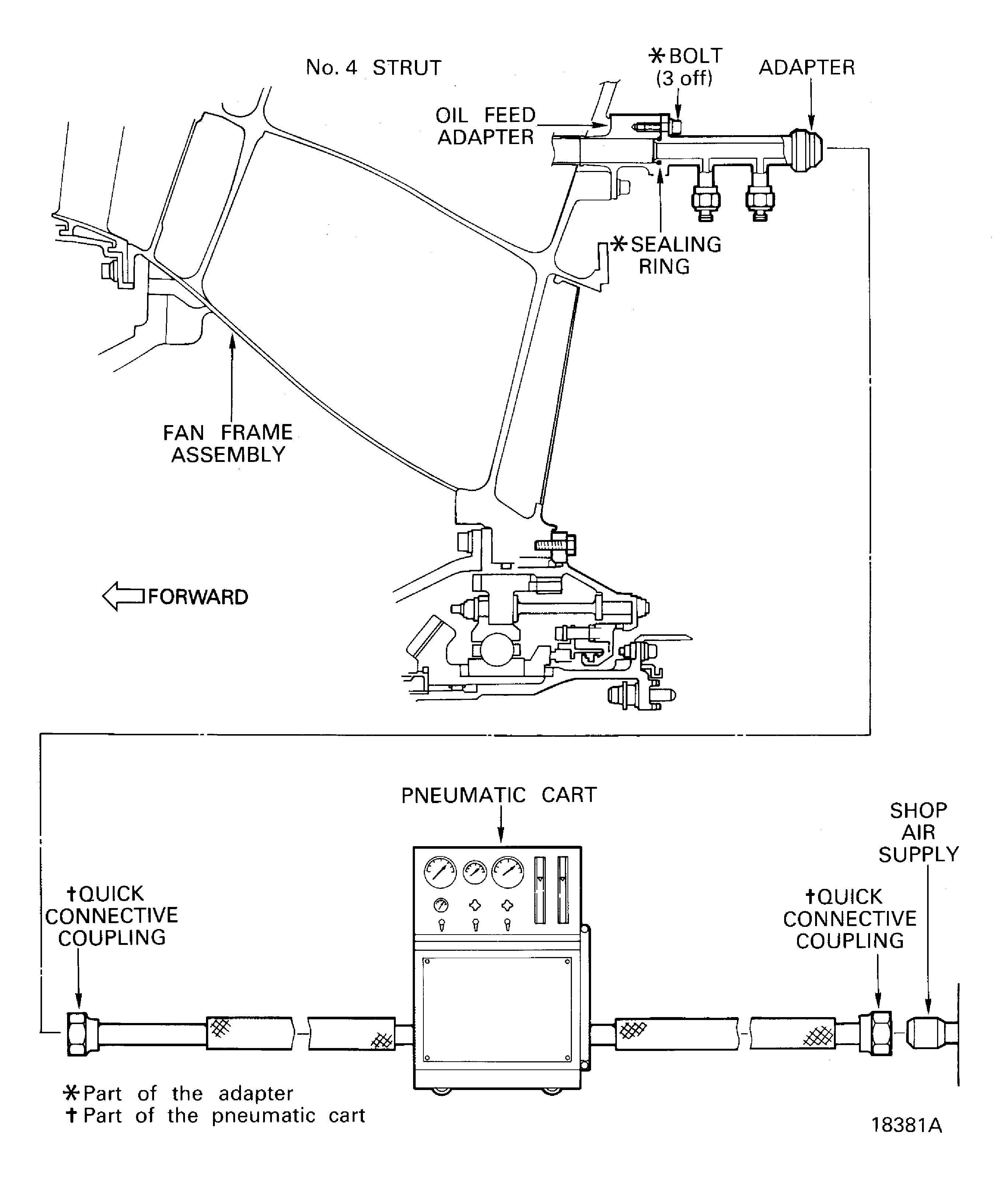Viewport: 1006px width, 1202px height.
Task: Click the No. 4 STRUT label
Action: click(373, 67)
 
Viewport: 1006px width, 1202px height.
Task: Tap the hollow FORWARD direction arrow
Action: click(123, 596)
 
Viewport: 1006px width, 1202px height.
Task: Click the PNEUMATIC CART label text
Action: click(498, 795)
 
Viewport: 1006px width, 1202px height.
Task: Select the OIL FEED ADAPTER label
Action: click(486, 126)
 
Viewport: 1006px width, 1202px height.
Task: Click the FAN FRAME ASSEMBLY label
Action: click(228, 443)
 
